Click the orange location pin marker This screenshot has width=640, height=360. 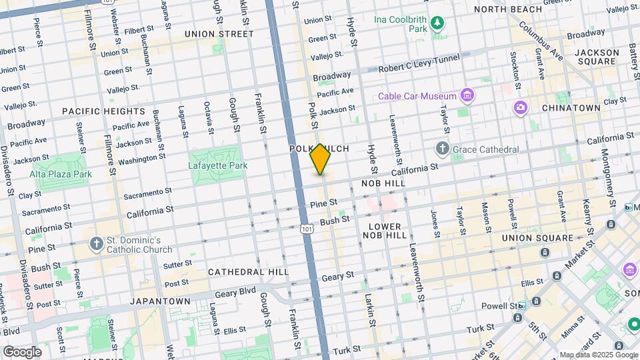(320, 159)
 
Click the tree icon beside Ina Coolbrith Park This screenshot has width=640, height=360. (437, 25)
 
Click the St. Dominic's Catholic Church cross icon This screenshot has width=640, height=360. (97, 244)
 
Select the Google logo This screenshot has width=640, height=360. (22, 351)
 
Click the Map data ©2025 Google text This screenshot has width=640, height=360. (598, 355)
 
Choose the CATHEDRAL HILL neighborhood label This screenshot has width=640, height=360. (248, 272)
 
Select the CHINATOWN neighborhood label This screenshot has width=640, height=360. (571, 107)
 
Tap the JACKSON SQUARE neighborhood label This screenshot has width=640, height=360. (595, 57)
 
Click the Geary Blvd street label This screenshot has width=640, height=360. (239, 291)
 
